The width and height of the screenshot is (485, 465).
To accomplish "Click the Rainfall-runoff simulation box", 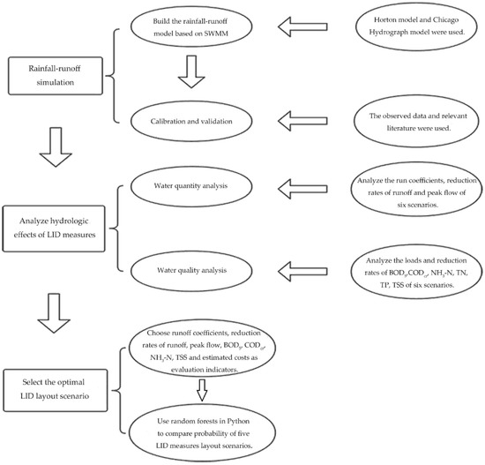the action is [56, 76].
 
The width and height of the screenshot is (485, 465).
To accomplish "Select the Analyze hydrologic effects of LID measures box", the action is [54, 229].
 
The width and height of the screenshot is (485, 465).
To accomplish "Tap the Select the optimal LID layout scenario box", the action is [56, 390].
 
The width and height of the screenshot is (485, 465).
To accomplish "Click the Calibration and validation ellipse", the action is [191, 122].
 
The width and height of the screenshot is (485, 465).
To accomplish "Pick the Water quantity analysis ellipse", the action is [191, 186].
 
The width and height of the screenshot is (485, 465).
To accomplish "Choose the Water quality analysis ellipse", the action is [191, 271].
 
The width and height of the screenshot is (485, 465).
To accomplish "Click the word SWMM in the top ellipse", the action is [216, 34].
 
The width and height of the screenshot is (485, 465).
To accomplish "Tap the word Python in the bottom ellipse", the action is [238, 421].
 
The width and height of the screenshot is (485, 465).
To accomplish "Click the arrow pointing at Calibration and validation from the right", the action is [302, 121].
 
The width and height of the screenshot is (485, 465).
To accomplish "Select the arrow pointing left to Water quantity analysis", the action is [302, 189].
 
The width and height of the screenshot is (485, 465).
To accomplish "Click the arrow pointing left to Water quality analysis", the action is [302, 271].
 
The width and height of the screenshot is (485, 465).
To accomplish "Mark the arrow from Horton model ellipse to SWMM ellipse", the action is [302, 27].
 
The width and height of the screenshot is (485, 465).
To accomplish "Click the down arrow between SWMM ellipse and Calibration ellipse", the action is [191, 71].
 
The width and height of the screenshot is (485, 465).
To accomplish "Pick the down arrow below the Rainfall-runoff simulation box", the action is [56, 147].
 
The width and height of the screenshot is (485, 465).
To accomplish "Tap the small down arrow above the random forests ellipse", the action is [202, 390].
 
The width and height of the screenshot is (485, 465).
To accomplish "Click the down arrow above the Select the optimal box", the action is [54, 313].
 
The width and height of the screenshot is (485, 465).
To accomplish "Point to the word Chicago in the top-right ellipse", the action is [445, 20].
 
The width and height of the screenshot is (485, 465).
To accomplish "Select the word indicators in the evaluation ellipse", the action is [223, 370].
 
